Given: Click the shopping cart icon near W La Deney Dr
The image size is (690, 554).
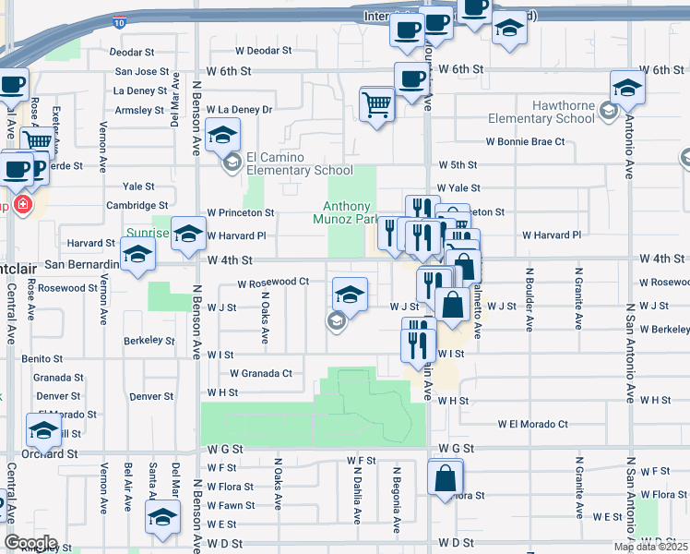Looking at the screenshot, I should [x=377, y=104].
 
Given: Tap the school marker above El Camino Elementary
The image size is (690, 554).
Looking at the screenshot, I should [x=221, y=138].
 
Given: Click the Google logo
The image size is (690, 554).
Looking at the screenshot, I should [x=30, y=543].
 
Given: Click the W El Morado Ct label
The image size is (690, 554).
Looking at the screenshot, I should [x=532, y=425].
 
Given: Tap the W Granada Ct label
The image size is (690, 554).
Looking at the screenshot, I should [x=261, y=373].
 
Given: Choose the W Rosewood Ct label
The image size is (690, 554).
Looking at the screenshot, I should [x=272, y=283].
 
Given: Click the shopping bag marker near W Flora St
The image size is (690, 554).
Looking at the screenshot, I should [x=445, y=477].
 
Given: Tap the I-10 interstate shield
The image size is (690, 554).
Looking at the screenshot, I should [x=120, y=18].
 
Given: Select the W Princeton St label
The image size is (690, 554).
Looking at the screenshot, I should [x=241, y=212].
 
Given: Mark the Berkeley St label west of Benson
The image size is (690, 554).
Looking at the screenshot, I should [x=149, y=340].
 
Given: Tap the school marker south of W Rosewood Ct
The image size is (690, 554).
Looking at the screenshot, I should [x=349, y=295].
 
